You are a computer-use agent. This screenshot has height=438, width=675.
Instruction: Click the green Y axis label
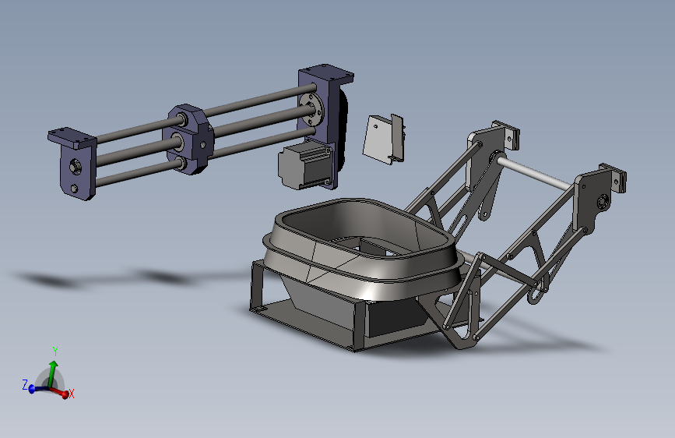click(x=55, y=351)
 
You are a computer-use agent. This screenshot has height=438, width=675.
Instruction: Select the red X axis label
click(x=72, y=394)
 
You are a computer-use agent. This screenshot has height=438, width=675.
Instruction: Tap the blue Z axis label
click(x=25, y=384)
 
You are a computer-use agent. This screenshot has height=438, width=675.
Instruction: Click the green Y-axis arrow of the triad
click(x=52, y=374)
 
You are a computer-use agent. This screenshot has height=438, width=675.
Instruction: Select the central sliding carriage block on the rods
click(x=188, y=139)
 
